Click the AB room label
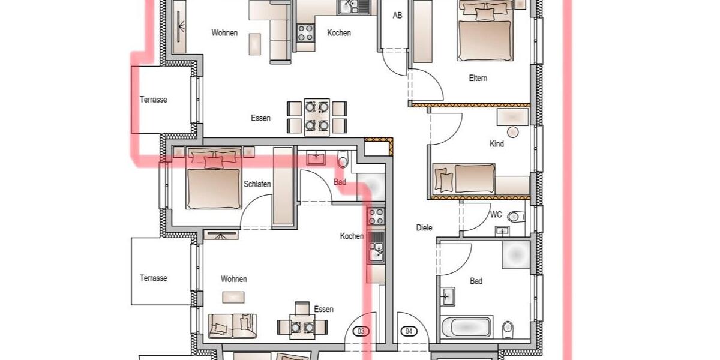point(397,16)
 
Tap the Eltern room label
point(478,78)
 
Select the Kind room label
point(497,144)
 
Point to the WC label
point(496,214)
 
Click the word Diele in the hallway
point(424,228)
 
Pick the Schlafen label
point(257,184)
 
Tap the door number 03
point(361,331)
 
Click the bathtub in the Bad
point(466,328)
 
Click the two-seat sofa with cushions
point(232,326)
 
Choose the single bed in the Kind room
point(465,179)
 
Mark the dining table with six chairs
point(316,116)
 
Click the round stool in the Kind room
point(512,132)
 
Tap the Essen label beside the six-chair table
point(260,118)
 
